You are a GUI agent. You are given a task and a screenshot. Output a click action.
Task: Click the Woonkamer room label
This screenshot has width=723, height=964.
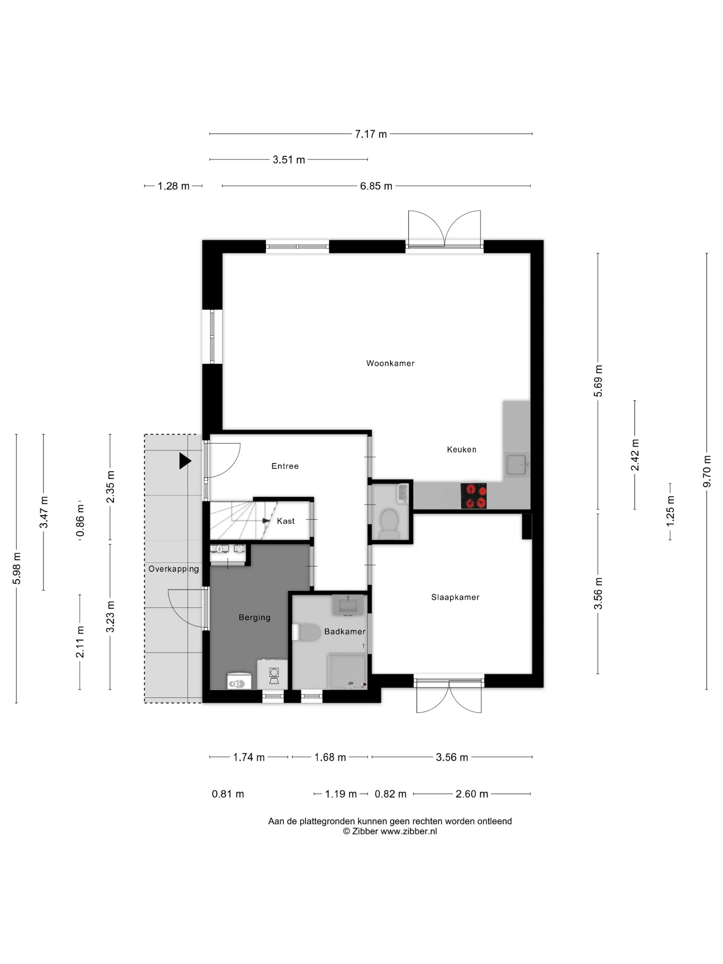pos(390,363)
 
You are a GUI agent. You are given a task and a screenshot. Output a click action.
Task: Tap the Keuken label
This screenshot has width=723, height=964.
pos(462,449)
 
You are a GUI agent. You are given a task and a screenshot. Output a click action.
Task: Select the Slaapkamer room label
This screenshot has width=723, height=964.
pos(455,597)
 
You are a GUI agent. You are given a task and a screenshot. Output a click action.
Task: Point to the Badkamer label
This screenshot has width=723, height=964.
pos(345,631)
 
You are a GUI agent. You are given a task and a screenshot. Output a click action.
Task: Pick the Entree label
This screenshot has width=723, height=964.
pos(285,466)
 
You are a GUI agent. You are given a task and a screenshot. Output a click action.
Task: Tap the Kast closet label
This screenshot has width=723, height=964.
pos(285,521)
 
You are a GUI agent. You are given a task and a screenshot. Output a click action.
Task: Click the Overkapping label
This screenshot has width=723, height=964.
pos(174,569)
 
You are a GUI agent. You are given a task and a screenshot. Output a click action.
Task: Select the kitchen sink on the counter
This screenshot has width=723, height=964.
pos(517,464)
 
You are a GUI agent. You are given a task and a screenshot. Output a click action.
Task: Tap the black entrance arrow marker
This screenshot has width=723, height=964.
pos(185,461)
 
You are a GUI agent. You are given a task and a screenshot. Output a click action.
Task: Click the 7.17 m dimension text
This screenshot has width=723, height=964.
pos(371,134)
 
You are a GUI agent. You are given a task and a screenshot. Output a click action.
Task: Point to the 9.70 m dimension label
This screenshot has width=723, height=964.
pos(707,471)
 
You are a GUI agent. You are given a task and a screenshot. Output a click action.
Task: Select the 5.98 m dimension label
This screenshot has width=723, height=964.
pos(17,568)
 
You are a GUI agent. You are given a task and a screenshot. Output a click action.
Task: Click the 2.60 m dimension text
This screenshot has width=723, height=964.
pos(472,794)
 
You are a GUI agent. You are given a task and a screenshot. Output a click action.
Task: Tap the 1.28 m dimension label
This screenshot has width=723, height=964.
pos(174,186)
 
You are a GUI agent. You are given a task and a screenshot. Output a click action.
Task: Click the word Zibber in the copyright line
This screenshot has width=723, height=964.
pos(365,831)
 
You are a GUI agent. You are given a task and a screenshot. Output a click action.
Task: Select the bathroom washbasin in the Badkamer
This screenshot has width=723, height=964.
pos(348,605)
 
